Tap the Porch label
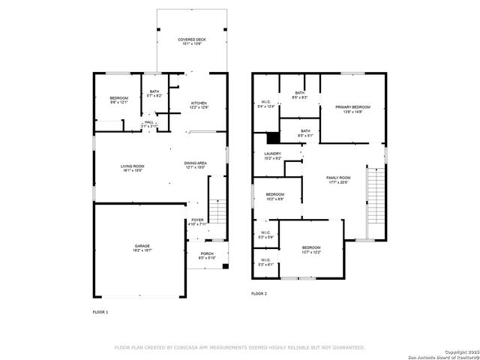[x=206, y=254]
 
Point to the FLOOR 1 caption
[x=100, y=311]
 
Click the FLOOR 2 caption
[x=259, y=292]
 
